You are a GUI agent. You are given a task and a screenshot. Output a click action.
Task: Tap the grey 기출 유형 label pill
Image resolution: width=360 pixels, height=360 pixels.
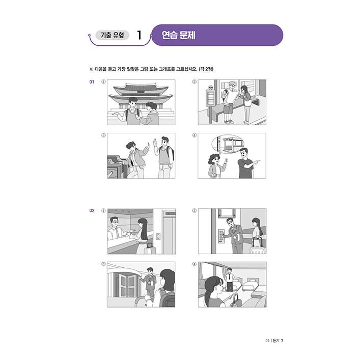[112, 35]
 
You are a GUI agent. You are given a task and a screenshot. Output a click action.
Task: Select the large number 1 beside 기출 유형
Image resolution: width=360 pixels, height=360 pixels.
[139, 36]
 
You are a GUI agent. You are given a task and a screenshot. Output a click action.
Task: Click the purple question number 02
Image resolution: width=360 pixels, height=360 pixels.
[92, 210]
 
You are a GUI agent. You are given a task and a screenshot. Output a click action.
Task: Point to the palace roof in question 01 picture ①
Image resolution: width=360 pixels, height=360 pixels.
[141, 91]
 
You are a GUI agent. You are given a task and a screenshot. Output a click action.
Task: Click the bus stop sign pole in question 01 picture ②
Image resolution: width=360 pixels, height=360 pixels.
[209, 102]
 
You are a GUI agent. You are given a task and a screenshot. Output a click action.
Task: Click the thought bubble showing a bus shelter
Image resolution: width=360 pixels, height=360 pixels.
[229, 145]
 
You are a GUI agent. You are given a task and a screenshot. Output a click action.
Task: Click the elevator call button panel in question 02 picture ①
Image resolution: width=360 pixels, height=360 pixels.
[158, 236]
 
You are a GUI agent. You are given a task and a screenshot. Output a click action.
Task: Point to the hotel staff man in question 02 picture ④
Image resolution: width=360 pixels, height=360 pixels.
[230, 279]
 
